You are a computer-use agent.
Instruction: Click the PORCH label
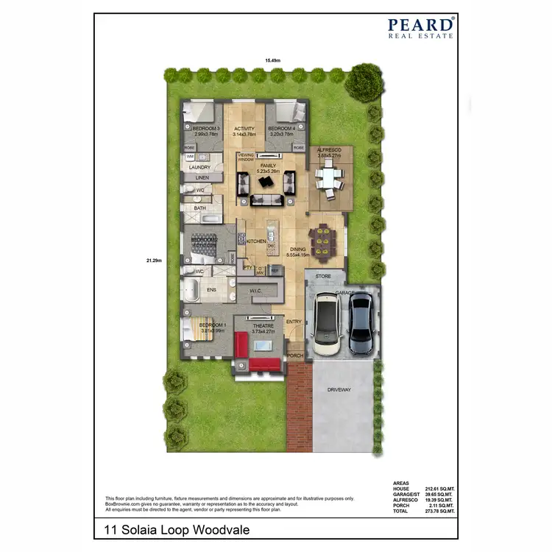click(x=294, y=355)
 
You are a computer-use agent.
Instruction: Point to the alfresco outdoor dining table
click(x=329, y=179)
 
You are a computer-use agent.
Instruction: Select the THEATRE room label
click(x=263, y=325)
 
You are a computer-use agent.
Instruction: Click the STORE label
click(x=324, y=277)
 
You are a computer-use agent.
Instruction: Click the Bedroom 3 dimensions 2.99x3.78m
click(x=201, y=135)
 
